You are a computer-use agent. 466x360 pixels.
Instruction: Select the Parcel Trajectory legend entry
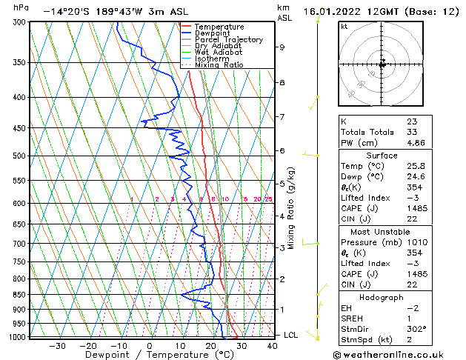point(228,40)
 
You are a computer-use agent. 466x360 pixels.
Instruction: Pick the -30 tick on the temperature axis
point(57,345)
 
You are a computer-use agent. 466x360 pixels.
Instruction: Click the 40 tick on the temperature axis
point(272,345)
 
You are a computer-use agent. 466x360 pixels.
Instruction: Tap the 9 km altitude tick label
point(282,47)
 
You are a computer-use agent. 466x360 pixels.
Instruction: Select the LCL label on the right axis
point(291,336)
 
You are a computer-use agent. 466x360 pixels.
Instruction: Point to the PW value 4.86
point(416,144)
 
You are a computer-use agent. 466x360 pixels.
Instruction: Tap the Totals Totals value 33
point(412,132)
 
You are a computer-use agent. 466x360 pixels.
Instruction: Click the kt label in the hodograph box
point(344,26)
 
